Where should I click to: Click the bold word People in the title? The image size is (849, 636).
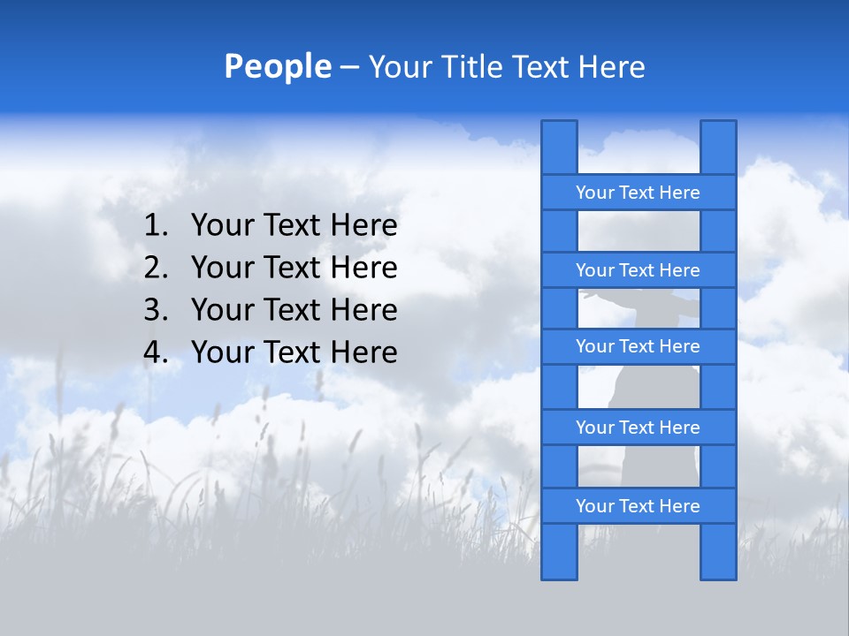(277, 67)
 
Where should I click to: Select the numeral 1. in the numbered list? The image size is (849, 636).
(156, 226)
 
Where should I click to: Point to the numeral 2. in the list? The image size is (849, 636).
(156, 268)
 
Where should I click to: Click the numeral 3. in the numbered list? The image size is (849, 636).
(156, 310)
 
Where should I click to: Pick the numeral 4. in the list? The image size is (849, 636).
(156, 352)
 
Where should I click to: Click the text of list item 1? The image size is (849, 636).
(294, 226)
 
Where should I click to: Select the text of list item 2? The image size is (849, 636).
(294, 268)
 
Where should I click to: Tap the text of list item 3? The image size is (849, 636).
(294, 310)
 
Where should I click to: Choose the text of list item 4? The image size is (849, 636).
(294, 352)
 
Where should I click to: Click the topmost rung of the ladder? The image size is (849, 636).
(638, 193)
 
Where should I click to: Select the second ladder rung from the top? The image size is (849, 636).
(638, 270)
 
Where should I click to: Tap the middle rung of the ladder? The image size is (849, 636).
(638, 346)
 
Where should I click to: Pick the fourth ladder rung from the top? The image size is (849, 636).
(638, 428)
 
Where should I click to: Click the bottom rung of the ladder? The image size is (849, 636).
(638, 506)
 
